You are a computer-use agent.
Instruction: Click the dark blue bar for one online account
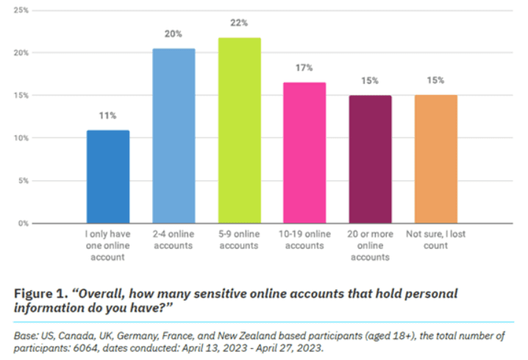click(x=108, y=176)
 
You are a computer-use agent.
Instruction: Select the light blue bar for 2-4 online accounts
click(x=174, y=136)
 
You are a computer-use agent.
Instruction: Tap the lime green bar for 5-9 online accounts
click(x=239, y=130)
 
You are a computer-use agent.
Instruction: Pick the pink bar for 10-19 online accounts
click(x=304, y=152)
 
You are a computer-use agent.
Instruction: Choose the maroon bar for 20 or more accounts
click(x=370, y=159)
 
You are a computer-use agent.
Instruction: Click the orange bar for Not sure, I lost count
click(x=436, y=159)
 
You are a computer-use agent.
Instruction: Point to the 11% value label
click(x=108, y=115)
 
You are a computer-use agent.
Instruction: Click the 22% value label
click(x=239, y=23)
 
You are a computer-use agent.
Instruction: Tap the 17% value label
click(x=304, y=68)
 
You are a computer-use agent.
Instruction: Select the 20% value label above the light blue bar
click(x=174, y=34)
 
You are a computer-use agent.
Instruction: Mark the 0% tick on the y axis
click(x=23, y=223)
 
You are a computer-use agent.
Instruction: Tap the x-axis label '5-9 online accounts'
click(x=239, y=240)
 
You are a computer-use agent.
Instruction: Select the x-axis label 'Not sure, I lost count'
click(x=436, y=240)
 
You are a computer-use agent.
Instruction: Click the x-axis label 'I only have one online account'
click(x=108, y=245)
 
